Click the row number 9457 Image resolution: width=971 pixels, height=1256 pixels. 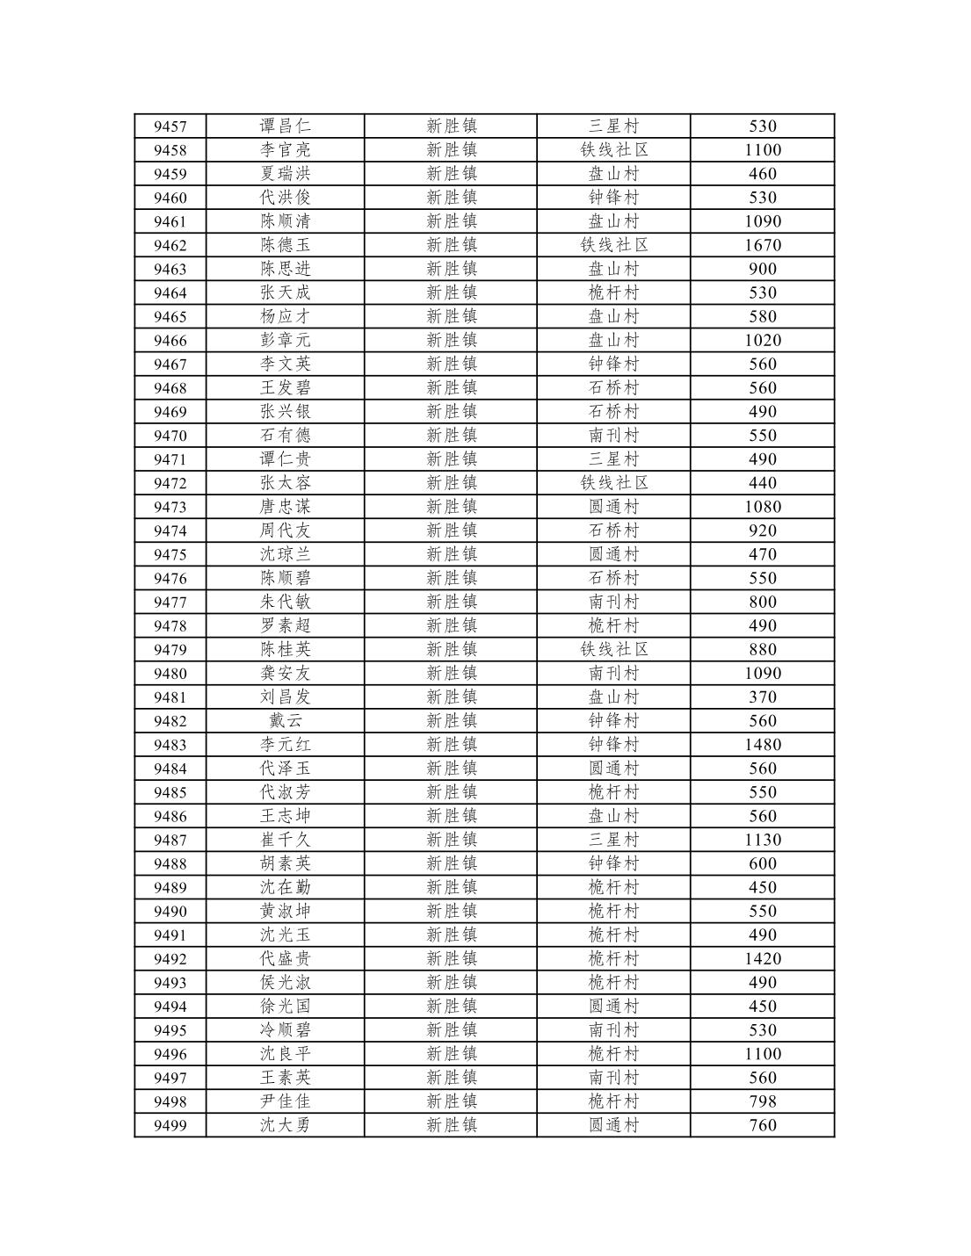pos(170,126)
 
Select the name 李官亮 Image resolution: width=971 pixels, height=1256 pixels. pos(285,150)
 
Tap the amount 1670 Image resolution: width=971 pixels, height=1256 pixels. pos(762,245)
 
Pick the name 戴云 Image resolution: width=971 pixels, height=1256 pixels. pos(285,721)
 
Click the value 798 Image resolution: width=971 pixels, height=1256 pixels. pos(762,1101)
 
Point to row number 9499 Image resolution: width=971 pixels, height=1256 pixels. pos(170,1125)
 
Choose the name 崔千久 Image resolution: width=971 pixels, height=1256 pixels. pos(285,840)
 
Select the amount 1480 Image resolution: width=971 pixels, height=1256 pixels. pos(762,745)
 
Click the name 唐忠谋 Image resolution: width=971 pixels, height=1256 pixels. pos(285,507)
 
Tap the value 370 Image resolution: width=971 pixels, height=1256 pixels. pos(762,697)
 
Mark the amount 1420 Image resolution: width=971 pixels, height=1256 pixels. pos(762,959)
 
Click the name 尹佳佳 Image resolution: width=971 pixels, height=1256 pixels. pos(285,1101)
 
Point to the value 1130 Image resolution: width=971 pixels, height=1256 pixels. pos(762,840)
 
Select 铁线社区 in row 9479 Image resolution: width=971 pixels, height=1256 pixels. pos(613,650)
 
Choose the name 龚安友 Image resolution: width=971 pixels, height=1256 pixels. pos(285,674)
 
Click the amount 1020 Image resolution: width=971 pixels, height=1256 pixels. pos(762,341)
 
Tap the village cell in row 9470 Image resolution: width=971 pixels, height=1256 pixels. pos(613,436)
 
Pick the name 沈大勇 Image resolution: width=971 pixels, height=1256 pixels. pos(285,1125)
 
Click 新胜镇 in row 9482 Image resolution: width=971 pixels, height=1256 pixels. pos(451,721)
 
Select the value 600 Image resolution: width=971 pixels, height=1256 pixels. pos(762,863)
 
